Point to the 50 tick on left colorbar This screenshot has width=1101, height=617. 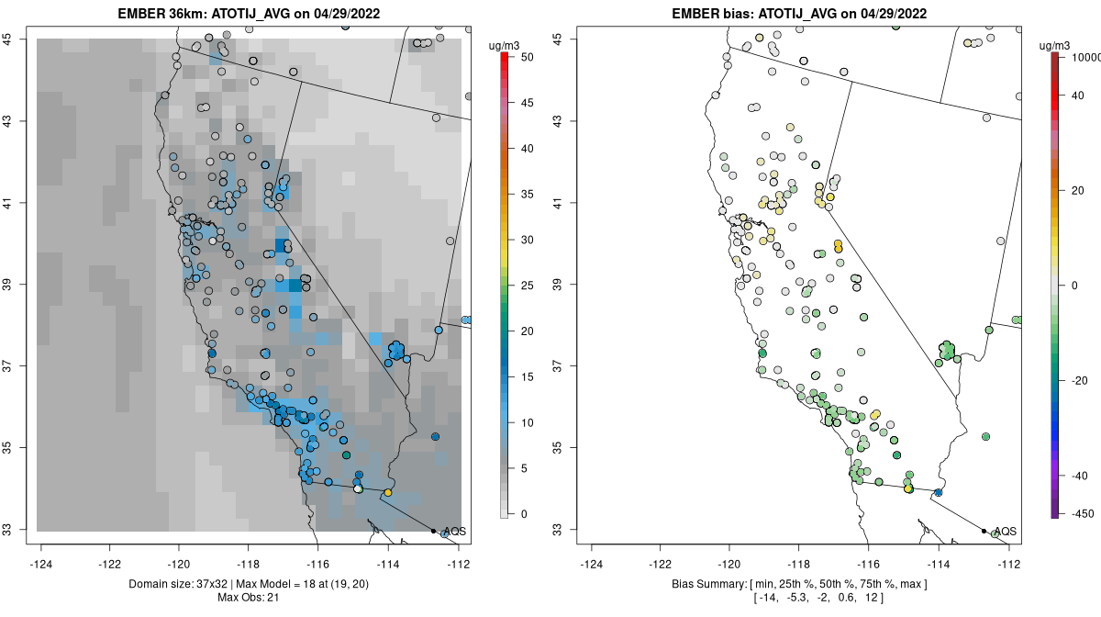pyautogui.click(x=522, y=57)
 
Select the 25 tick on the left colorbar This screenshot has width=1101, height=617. pyautogui.click(x=522, y=286)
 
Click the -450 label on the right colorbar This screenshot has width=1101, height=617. pyautogui.click(x=1077, y=513)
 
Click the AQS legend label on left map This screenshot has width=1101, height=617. pyautogui.click(x=453, y=531)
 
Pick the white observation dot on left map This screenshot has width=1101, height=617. pyautogui.click(x=358, y=489)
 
